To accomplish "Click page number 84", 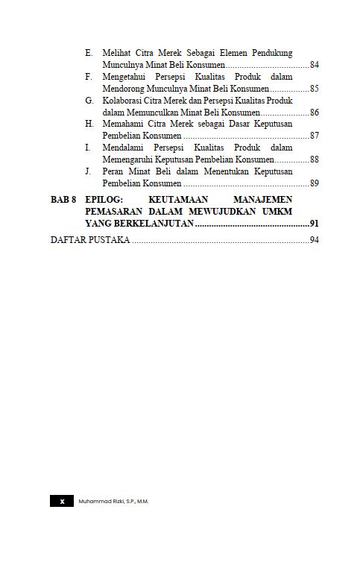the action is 315,66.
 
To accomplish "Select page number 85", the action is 315,89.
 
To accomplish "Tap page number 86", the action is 315,113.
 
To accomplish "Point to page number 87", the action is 315,136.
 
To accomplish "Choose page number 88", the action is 315,160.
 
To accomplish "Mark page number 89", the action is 315,183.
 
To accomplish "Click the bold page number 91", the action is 315,224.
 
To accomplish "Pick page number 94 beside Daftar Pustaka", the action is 315,240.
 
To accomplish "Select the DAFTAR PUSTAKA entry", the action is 90,240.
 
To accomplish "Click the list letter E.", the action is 89,54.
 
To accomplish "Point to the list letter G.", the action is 89,101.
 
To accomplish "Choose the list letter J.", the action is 89,171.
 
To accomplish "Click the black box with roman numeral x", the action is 62,502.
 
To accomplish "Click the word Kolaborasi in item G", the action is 124,101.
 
